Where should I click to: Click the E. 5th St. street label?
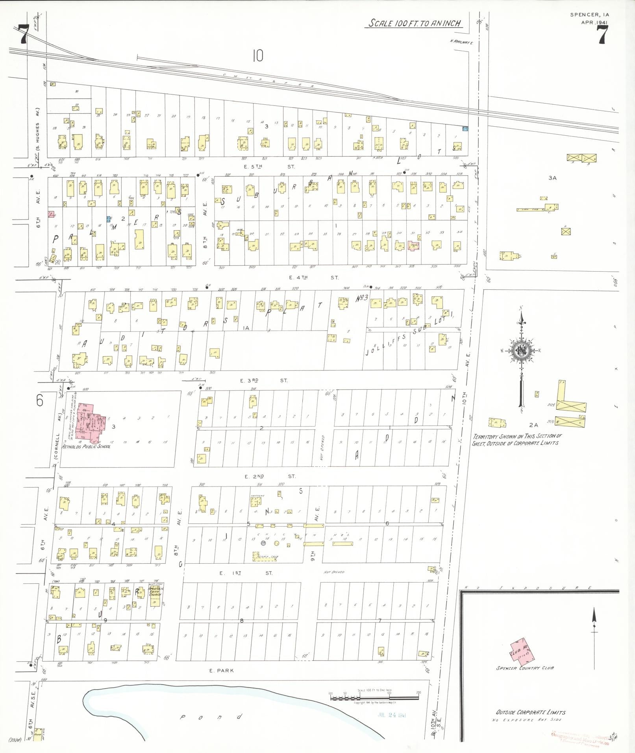tap(274, 167)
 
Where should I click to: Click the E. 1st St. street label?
tap(246, 573)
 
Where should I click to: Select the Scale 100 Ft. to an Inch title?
tap(414, 23)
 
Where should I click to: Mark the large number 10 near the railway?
tap(257, 56)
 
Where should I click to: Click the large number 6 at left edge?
tap(40, 400)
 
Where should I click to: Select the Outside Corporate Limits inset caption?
tap(531, 712)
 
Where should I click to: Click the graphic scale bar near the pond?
tap(374, 697)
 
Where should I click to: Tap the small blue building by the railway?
tap(465, 129)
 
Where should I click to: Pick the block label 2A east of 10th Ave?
tap(533, 425)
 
